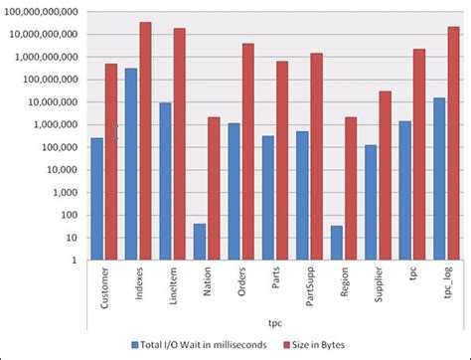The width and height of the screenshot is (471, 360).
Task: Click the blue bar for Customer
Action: pos(96,199)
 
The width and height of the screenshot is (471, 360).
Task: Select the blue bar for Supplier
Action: pos(371,203)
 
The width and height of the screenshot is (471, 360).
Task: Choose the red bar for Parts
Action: pos(281,160)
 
